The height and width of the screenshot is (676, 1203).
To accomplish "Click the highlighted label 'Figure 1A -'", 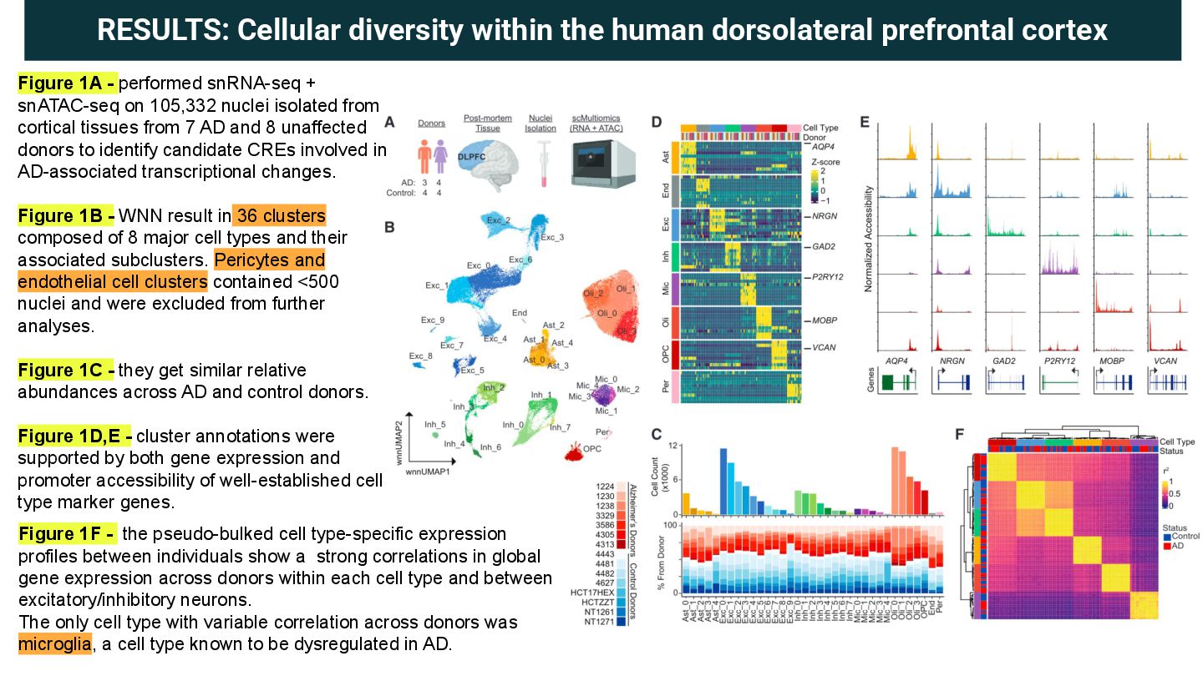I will (67, 83).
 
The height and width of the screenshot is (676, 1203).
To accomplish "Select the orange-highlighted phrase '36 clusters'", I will (280, 214).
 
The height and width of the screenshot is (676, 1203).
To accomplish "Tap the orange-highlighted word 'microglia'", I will (54, 644).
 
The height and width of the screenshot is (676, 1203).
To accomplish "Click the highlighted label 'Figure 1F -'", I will (67, 533).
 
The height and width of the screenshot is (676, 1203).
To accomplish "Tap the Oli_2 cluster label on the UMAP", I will (589, 293).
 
